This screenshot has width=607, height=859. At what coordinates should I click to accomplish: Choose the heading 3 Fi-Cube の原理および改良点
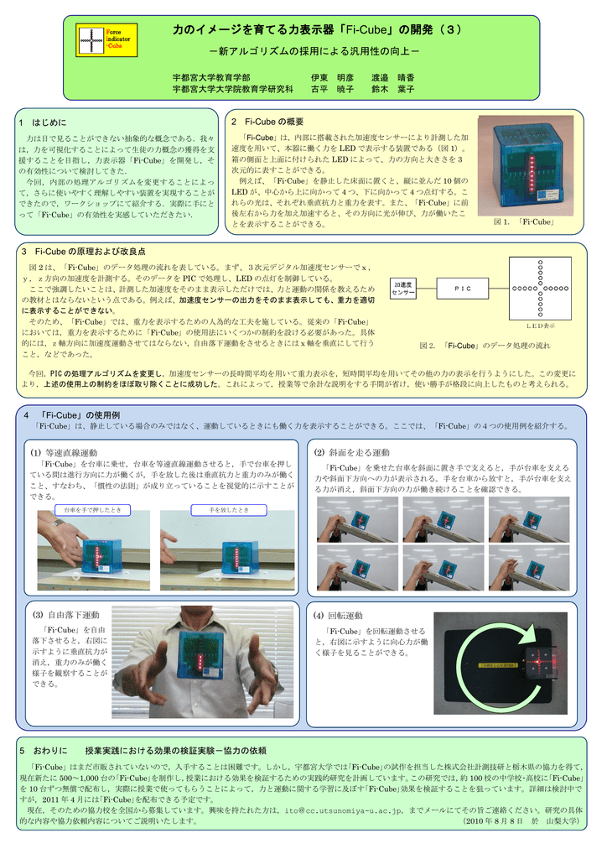tap(84, 252)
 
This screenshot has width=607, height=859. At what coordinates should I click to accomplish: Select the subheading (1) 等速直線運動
tap(66, 453)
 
